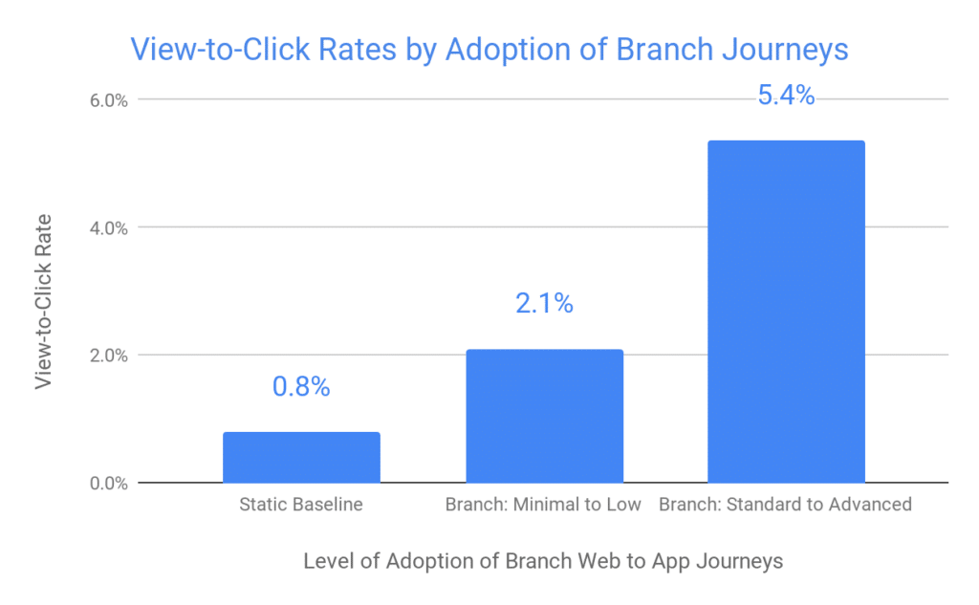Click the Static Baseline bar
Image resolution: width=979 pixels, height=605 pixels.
(301, 458)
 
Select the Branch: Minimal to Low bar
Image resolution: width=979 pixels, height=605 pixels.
(544, 416)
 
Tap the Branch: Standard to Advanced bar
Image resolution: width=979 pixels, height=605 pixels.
(786, 312)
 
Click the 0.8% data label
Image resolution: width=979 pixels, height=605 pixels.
(301, 387)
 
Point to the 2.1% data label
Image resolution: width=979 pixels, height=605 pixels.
(544, 304)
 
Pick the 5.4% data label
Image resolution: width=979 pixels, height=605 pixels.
(786, 96)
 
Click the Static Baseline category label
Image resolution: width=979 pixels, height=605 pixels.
(301, 505)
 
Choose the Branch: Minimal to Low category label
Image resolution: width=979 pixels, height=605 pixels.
(543, 505)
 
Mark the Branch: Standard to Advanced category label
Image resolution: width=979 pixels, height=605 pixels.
(785, 505)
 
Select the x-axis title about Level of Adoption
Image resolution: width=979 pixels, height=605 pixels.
(543, 561)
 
